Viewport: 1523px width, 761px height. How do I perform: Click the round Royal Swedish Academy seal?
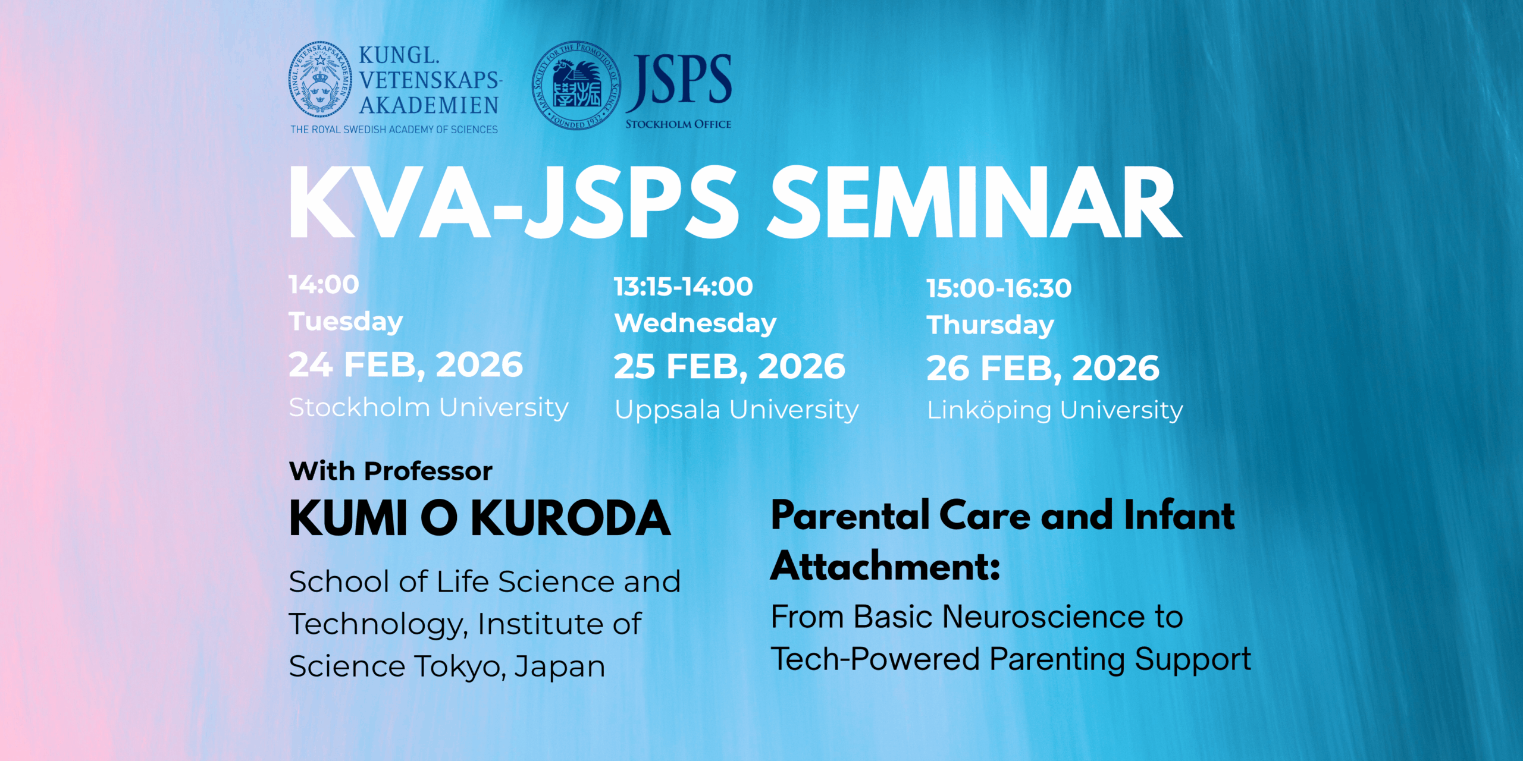(x=320, y=79)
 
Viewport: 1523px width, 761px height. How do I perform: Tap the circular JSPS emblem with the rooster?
(x=576, y=85)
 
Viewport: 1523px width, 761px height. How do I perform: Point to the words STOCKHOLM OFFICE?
(x=678, y=124)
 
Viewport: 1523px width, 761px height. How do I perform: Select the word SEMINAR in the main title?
(x=974, y=203)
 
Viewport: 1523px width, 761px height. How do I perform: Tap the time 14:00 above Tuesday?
(x=324, y=285)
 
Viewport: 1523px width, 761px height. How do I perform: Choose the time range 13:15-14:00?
(x=684, y=287)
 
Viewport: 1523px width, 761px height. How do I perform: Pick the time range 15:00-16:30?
(x=999, y=288)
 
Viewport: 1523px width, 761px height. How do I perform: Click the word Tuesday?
(x=346, y=322)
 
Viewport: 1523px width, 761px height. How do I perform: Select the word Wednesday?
(x=695, y=323)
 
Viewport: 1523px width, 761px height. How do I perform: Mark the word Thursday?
(x=990, y=325)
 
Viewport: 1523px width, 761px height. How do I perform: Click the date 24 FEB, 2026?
(x=406, y=364)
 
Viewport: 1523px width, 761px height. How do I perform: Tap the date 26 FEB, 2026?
(x=1043, y=368)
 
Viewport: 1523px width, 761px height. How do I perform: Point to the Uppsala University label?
(x=737, y=410)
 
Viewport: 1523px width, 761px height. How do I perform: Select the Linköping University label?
(x=1055, y=410)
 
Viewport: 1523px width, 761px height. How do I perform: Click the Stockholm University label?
(x=428, y=408)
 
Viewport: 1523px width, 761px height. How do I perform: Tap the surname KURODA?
(x=571, y=519)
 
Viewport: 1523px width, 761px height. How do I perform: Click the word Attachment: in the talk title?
(x=885, y=566)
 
